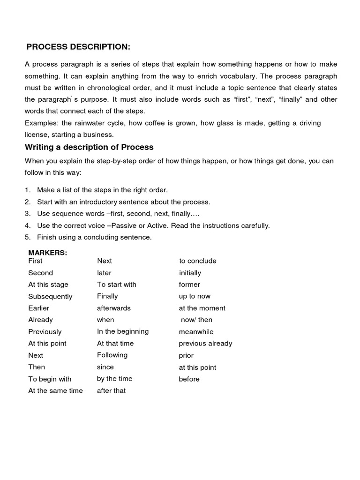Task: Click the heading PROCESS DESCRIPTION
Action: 78,47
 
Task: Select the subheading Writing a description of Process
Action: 89,147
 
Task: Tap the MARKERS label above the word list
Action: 48,253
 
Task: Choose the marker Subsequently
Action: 50,296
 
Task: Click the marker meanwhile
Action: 196,331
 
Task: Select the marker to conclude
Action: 198,261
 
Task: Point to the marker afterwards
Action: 114,308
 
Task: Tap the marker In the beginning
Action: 123,331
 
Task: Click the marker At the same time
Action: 55,390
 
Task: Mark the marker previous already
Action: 205,343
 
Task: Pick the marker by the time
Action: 115,379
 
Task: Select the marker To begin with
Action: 50,379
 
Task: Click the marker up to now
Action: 195,296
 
